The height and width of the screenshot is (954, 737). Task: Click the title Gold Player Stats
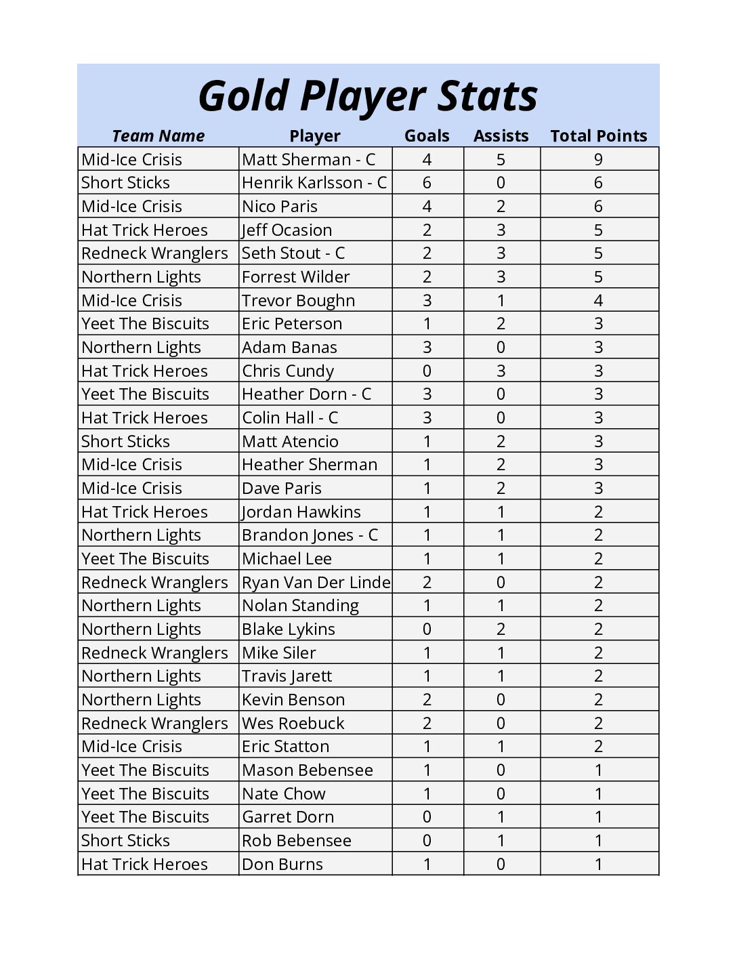(368, 96)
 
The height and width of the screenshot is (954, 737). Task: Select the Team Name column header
(158, 136)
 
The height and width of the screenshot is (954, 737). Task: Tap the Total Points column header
(598, 136)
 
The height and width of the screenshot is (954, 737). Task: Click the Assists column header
(501, 136)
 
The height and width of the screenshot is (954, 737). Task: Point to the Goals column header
(427, 136)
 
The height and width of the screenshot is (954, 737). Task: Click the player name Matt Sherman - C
(308, 160)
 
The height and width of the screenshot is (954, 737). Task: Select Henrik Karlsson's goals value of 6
(427, 183)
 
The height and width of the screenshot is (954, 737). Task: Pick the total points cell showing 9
(598, 160)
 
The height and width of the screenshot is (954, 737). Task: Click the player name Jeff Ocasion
(287, 230)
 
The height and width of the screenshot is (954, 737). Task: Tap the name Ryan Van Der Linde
(316, 583)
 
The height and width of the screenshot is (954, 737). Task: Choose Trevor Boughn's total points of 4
(598, 301)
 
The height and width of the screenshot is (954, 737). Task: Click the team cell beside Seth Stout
(154, 253)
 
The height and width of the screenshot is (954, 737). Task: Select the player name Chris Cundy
(288, 371)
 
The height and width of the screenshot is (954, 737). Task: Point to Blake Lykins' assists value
(501, 629)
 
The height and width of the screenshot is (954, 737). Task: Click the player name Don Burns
(282, 865)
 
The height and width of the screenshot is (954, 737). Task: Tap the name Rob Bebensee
(297, 841)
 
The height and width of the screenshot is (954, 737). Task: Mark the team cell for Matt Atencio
(125, 442)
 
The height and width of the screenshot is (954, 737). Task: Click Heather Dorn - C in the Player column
(306, 394)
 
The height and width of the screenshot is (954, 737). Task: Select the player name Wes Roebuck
(293, 724)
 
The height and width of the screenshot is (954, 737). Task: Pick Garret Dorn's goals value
(427, 817)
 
